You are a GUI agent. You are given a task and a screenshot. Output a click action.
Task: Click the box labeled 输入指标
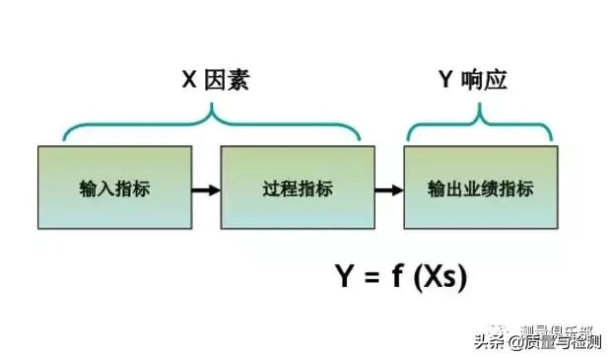click(x=115, y=186)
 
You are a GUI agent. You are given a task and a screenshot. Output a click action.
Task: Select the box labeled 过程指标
click(x=298, y=186)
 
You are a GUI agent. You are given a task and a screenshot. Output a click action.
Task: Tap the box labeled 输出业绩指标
click(x=480, y=186)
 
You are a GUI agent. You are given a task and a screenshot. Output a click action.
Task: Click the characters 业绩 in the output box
click(x=480, y=187)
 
